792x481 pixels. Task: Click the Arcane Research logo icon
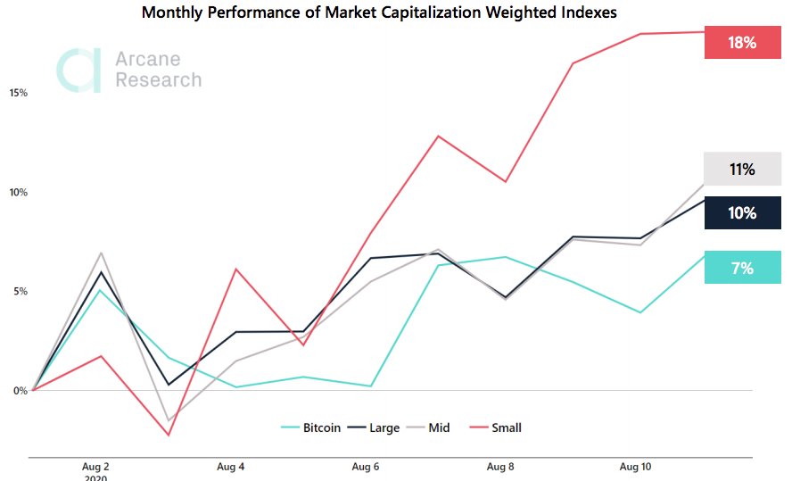(x=78, y=70)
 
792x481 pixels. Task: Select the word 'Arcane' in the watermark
(x=147, y=60)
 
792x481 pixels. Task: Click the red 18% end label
(x=742, y=43)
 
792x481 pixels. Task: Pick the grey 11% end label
(x=742, y=169)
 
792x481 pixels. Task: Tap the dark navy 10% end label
(x=742, y=213)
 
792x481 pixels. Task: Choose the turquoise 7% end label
(x=742, y=268)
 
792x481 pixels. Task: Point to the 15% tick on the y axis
(x=19, y=93)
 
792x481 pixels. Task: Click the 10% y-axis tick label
(x=19, y=192)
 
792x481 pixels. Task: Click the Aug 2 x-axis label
(x=95, y=467)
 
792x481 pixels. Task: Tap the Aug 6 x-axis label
(x=366, y=467)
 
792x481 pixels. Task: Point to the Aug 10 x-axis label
(x=636, y=467)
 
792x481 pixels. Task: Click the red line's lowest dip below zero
(x=169, y=435)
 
